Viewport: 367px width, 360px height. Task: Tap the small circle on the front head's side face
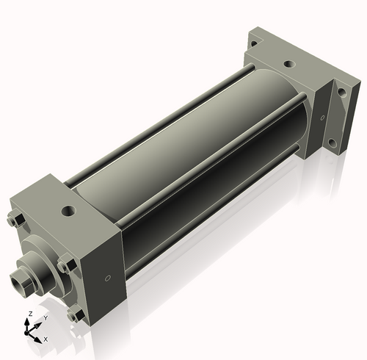(x=108, y=278)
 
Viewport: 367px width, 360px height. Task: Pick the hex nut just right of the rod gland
(x=65, y=264)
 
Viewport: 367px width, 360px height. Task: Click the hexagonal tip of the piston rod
(x=20, y=280)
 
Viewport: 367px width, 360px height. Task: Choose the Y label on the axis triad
(x=45, y=317)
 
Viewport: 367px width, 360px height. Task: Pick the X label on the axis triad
(x=46, y=339)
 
